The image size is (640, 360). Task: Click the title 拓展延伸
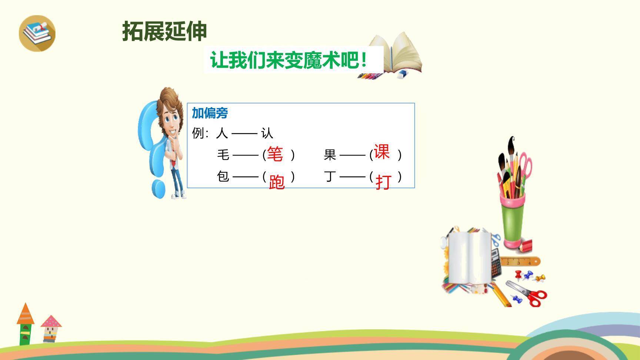click(164, 31)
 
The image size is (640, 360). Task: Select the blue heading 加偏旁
click(210, 113)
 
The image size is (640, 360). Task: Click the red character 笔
click(275, 154)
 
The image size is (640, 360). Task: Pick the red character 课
click(381, 152)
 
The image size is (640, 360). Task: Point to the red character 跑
click(277, 182)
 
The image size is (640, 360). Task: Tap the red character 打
click(383, 182)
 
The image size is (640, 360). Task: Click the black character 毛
click(223, 154)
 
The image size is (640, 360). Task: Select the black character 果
click(330, 155)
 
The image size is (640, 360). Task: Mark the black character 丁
click(330, 176)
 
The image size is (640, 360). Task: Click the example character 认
click(267, 133)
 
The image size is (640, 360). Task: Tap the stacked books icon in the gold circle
click(37, 33)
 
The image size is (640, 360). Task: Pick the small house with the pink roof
click(51, 328)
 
